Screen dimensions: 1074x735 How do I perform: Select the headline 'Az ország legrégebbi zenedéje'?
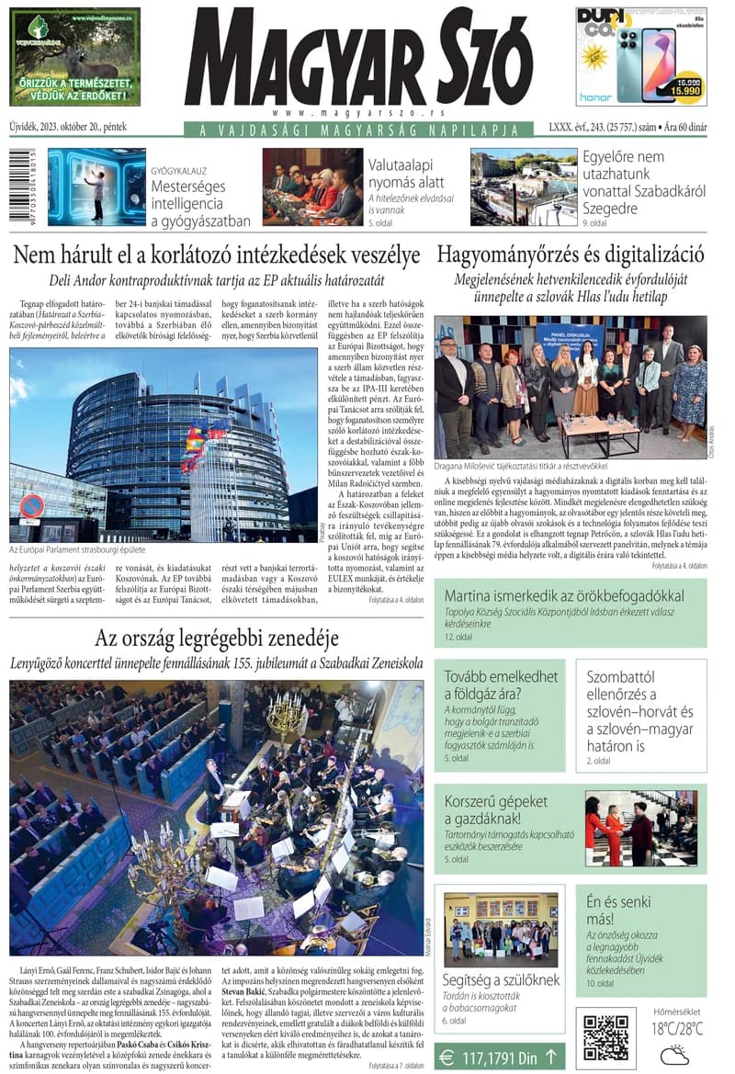(217, 638)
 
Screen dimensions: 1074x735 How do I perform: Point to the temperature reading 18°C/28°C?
(677, 1029)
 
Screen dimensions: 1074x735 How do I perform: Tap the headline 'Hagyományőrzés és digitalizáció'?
(571, 254)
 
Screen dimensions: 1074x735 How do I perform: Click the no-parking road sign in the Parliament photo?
(32, 506)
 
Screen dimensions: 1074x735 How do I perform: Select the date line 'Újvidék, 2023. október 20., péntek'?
(68, 127)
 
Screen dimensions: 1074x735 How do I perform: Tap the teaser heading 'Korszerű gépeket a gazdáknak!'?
(496, 809)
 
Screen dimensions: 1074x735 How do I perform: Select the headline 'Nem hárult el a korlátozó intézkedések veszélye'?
(217, 254)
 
